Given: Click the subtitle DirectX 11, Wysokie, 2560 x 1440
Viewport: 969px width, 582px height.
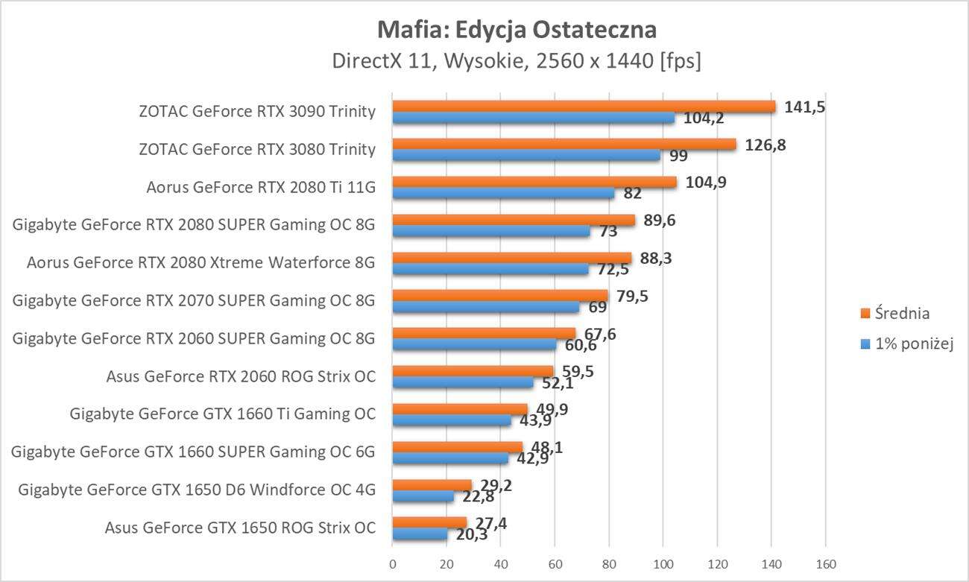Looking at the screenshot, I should [517, 61].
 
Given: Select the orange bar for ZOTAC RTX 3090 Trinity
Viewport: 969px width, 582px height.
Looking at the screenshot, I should [584, 107].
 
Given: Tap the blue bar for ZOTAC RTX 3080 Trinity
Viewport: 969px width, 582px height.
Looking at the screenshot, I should [526, 155].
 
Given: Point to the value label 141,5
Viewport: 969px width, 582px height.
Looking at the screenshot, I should [804, 107].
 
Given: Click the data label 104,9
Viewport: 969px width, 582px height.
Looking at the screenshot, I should [705, 183].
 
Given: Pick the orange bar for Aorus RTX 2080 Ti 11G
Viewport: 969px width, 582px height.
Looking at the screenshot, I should [534, 182].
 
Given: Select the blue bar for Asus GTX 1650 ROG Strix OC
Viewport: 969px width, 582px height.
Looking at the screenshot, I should [420, 534].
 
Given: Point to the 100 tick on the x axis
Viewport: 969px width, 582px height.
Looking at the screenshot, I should [663, 563].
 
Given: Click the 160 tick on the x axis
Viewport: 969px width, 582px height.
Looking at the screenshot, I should [826, 563].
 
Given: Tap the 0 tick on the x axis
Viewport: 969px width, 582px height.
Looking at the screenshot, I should [393, 563].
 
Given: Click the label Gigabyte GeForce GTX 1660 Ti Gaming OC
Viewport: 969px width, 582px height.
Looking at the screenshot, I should [222, 414].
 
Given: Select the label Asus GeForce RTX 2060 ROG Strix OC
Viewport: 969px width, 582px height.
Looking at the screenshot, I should [241, 376].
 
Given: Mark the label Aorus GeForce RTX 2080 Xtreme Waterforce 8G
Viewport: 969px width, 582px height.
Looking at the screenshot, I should [201, 262].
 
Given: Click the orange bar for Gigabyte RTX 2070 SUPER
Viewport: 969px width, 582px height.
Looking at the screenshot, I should [500, 296].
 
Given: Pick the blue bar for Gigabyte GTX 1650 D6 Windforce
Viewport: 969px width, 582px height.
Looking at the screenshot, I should [423, 496].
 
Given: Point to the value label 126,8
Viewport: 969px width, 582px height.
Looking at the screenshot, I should [765, 145].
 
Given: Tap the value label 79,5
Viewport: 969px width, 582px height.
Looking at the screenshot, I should [631, 297].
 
